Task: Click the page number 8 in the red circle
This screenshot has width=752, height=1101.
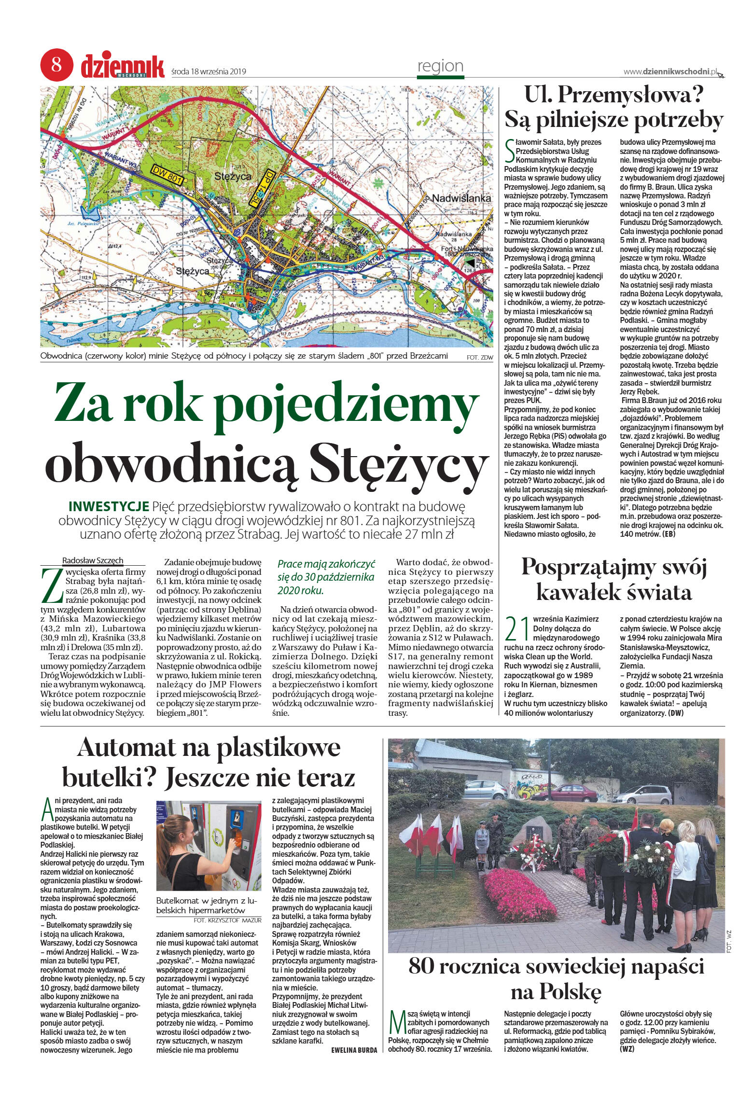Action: (56, 65)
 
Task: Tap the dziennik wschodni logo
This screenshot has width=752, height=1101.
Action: (123, 66)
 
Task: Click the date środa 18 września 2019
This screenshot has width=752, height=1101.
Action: (209, 72)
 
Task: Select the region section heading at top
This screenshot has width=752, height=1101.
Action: (440, 66)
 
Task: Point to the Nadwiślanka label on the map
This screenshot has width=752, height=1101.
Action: (461, 198)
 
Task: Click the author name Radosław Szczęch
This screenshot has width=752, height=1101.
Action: (93, 560)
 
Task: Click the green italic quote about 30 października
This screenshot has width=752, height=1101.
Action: (326, 577)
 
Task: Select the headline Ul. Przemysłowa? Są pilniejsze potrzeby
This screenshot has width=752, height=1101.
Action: (613, 108)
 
